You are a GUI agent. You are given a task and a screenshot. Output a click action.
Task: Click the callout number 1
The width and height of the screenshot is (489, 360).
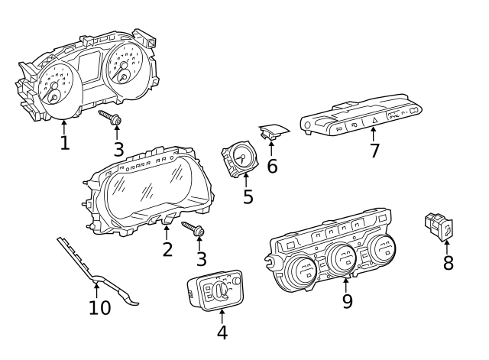[65, 143]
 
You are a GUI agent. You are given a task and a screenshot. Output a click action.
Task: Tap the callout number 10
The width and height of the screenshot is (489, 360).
[99, 307]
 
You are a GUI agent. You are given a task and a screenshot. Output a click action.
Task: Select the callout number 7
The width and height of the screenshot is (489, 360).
[374, 151]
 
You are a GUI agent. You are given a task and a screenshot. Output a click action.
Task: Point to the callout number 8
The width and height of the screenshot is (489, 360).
[449, 263]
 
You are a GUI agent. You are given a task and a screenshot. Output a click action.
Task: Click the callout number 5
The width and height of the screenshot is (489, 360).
[248, 196]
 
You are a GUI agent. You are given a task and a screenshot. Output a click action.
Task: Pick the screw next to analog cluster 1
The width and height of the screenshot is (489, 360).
[112, 118]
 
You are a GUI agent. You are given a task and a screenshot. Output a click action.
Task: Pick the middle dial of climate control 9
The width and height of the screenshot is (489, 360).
[340, 261]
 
